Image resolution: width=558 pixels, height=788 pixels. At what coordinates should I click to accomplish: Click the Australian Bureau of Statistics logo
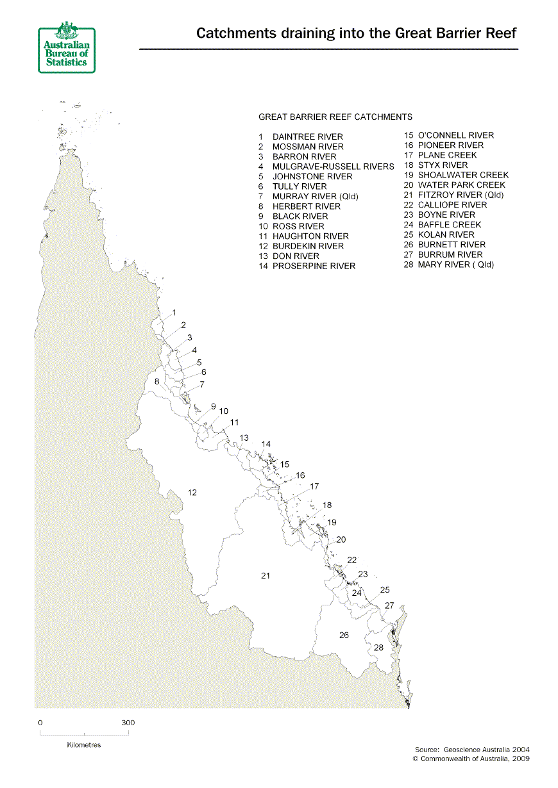pos(66,49)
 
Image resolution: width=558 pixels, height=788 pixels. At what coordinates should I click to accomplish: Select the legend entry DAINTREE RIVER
pos(307,136)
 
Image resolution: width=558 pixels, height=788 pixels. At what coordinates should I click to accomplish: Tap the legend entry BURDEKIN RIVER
pos(308,246)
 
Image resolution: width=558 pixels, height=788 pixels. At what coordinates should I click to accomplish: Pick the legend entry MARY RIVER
pos(455,265)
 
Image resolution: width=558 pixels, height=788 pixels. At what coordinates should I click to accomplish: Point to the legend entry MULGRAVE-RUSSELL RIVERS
pos(333,167)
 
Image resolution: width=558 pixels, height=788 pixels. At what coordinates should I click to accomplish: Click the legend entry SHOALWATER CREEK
pos(463,175)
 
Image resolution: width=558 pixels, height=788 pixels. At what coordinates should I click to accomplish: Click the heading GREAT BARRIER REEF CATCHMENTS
pos(335,117)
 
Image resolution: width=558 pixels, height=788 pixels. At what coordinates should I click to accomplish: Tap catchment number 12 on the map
pos(192,493)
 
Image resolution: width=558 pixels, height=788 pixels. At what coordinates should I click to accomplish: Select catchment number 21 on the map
pos(266,576)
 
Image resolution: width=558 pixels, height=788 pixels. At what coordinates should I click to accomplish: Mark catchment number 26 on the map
pos(344,636)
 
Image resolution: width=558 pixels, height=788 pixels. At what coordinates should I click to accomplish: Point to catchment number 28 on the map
pos(378,648)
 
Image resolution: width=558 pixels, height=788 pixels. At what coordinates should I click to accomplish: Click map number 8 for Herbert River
pos(156,382)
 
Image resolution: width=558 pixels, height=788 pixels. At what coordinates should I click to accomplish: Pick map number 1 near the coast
pos(174,313)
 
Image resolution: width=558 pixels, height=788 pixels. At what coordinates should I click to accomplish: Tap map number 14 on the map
pos(266,444)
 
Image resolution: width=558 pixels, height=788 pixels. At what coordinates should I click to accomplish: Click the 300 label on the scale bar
pos(128,723)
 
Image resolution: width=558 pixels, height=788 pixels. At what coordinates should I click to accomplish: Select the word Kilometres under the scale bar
pos(84,745)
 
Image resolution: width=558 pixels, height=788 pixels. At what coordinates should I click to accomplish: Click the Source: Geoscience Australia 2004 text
pos(473,749)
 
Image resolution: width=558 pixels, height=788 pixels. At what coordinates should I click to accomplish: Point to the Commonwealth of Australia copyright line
pos(471,759)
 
